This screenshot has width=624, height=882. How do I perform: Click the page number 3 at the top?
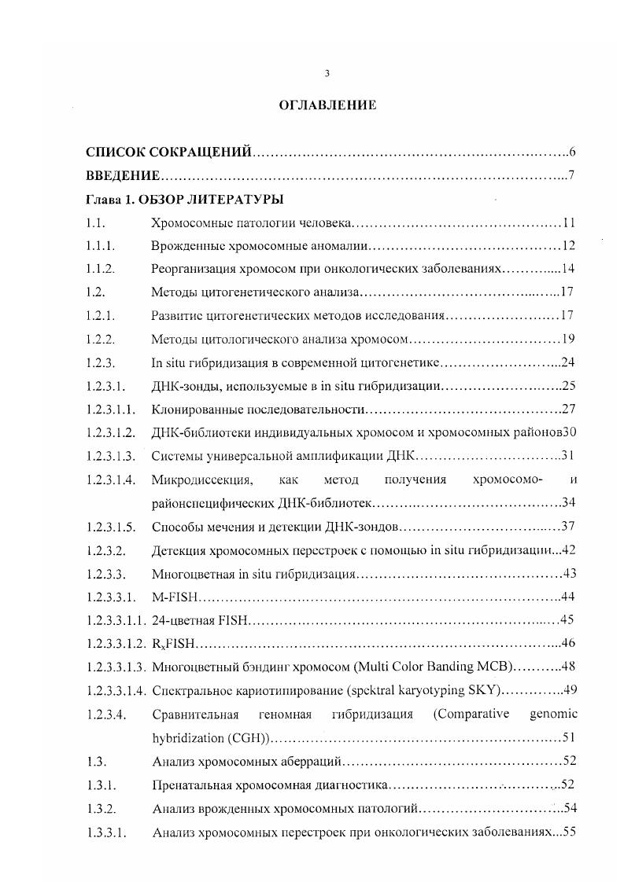point(327,73)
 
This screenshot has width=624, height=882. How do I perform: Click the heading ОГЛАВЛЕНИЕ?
point(327,105)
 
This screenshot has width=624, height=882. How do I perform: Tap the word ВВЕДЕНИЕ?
point(123,175)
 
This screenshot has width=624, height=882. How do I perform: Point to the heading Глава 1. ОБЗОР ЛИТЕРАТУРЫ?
point(185,200)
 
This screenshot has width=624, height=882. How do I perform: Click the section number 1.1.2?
point(102,269)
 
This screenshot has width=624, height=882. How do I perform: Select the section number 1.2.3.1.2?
point(111,432)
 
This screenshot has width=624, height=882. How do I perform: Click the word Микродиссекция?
point(202,480)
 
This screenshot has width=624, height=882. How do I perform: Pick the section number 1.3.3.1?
point(106,831)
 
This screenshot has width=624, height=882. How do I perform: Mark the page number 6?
point(573,152)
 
